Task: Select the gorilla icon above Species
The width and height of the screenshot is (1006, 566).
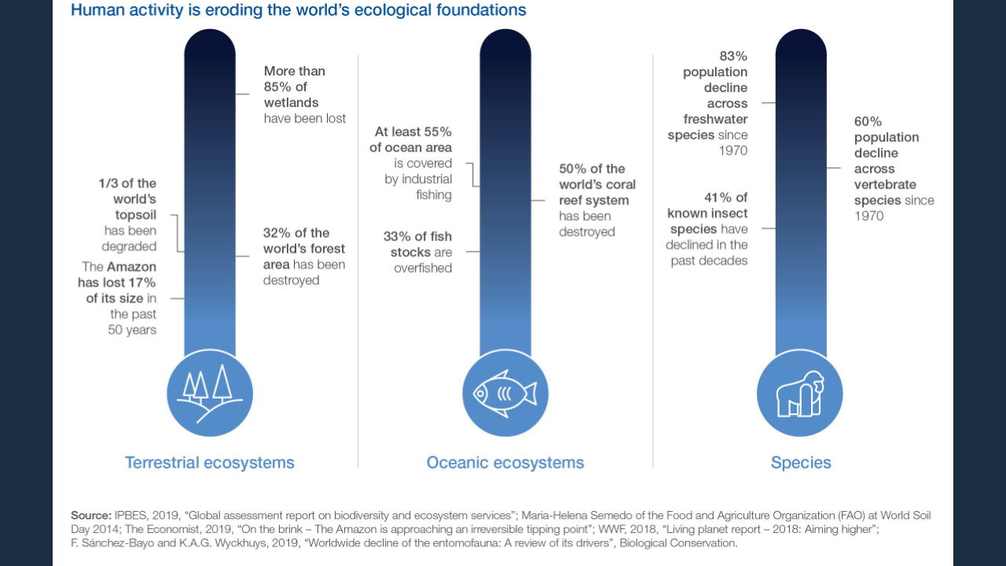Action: coord(799,394)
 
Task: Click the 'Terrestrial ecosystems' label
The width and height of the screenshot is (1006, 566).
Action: coord(209,462)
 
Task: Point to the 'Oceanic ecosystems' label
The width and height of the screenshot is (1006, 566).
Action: coord(505,462)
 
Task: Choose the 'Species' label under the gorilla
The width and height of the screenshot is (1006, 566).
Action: coord(801,462)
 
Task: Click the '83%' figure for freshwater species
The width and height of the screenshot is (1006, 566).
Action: coord(733,57)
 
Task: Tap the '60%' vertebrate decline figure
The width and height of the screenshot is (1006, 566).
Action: coord(868,122)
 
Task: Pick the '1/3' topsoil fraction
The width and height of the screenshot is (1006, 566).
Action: coord(108,184)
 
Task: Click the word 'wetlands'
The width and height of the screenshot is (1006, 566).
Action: coord(291,103)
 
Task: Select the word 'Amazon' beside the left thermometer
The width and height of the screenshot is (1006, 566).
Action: coord(131,267)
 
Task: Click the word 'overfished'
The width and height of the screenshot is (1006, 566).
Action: coord(424,268)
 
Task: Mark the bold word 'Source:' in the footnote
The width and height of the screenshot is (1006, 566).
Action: coord(91,515)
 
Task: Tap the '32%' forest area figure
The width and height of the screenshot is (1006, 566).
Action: coord(277,233)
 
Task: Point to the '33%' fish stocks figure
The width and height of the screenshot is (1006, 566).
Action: coord(397,236)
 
